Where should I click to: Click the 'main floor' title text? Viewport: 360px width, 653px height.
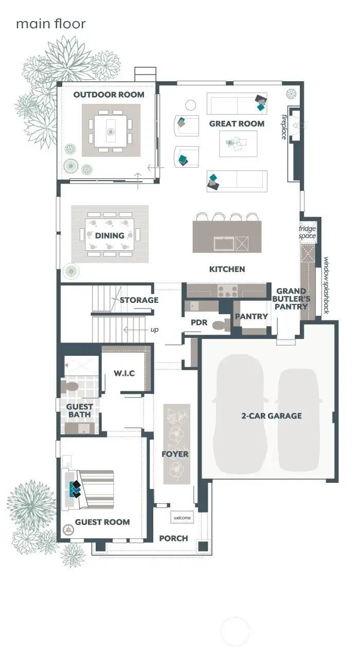[x=50, y=24]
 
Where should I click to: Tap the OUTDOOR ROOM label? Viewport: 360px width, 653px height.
[x=109, y=95]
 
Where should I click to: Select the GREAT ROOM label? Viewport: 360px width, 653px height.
[x=237, y=124]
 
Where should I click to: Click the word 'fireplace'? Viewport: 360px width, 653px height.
[x=283, y=126]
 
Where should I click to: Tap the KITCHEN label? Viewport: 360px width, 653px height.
[x=227, y=269]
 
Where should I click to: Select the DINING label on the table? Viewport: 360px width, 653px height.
[x=110, y=235]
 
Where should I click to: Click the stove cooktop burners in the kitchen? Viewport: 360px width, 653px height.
[x=227, y=292]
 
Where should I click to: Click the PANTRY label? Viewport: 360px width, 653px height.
[x=251, y=316]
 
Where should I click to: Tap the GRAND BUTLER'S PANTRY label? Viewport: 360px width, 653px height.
[x=292, y=299]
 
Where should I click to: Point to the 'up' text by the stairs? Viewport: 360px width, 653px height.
[x=154, y=329]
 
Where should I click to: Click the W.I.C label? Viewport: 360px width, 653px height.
[x=124, y=373]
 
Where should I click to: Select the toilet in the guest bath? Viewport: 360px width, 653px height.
[x=69, y=386]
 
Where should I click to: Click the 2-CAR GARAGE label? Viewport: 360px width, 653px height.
[x=272, y=415]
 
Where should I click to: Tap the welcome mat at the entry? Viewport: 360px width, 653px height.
[x=182, y=517]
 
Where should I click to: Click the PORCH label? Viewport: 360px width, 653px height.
[x=173, y=538]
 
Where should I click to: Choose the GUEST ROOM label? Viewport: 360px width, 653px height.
[x=102, y=522]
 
